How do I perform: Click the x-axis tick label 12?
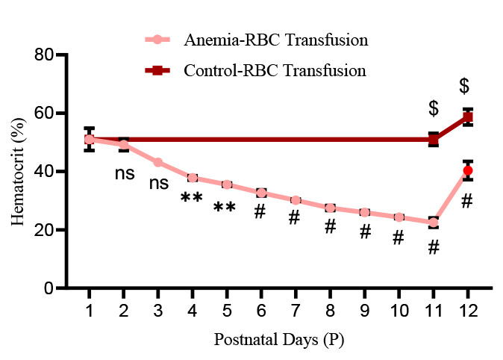[468, 310]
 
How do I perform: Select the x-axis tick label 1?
[89, 310]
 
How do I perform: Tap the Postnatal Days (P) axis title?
[278, 340]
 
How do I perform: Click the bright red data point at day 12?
[468, 171]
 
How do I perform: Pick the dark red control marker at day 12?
[468, 117]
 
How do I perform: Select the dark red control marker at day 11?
[434, 139]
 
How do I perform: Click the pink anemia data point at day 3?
[158, 162]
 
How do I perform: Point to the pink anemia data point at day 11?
[434, 223]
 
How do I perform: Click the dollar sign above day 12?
[464, 86]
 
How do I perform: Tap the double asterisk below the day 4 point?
[192, 199]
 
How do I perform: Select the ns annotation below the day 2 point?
[124, 173]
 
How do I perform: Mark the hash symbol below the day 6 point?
[260, 212]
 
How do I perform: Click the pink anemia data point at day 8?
[330, 208]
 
